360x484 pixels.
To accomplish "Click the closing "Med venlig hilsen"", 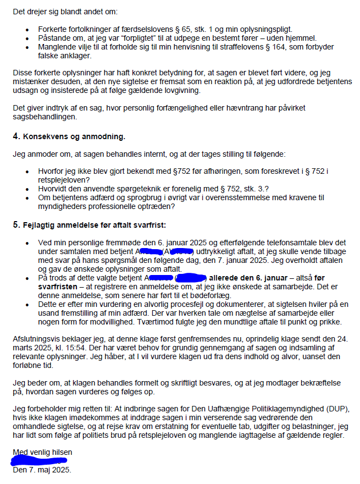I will tap(42, 452).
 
